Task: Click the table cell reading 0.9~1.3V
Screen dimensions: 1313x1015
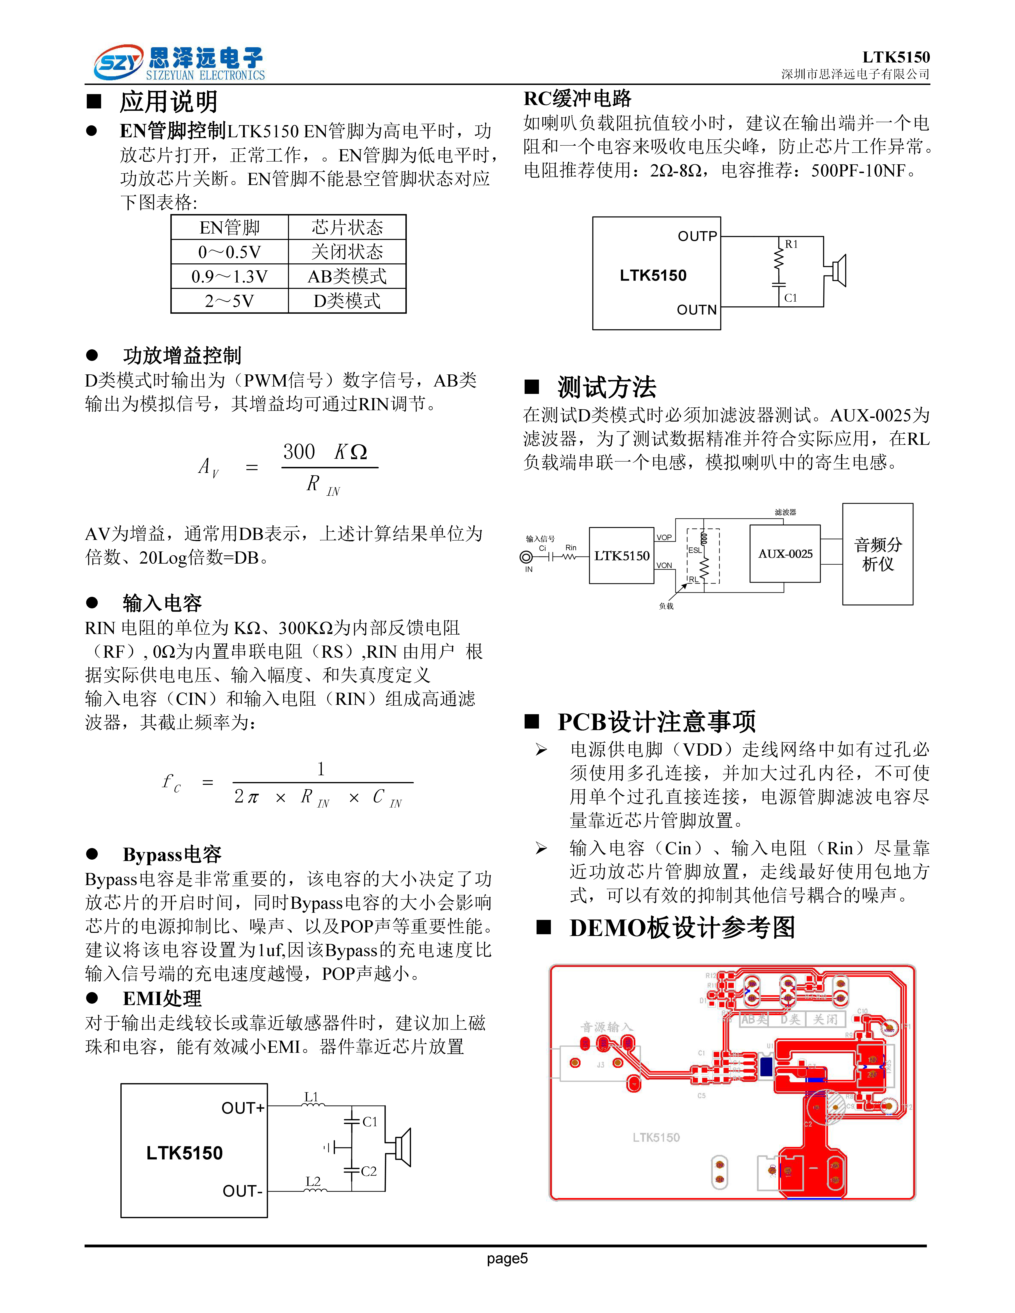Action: [229, 277]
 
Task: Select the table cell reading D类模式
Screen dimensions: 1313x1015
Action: [347, 301]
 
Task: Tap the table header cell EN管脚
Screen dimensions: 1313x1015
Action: [229, 227]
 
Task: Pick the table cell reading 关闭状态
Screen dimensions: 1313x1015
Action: [347, 252]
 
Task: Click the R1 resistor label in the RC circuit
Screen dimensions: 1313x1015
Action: [791, 244]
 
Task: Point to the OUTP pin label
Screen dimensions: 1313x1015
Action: [698, 236]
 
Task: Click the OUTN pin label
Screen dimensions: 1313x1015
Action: [697, 310]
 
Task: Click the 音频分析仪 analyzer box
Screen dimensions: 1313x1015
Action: [877, 554]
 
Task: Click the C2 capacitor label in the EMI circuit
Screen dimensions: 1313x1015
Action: [369, 1171]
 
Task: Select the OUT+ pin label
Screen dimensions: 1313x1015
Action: [243, 1108]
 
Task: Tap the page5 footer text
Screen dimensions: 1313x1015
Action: [507, 1258]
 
